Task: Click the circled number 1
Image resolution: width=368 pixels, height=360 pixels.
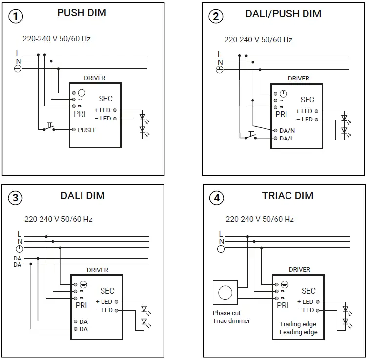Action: pyautogui.click(x=16, y=16)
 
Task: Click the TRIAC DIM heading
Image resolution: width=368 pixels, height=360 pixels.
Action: pyautogui.click(x=287, y=196)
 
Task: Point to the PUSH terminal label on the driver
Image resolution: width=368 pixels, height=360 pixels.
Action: pyautogui.click(x=86, y=130)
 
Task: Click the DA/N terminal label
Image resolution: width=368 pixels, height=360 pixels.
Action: pyautogui.click(x=287, y=130)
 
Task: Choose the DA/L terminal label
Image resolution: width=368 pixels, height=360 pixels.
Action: pyautogui.click(x=287, y=139)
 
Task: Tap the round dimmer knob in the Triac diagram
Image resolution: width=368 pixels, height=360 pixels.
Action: pyautogui.click(x=225, y=293)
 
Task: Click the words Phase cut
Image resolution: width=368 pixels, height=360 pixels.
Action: pyautogui.click(x=226, y=313)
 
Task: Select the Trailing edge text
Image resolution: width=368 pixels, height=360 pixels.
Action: pyautogui.click(x=298, y=324)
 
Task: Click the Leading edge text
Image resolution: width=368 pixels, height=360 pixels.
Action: pyautogui.click(x=298, y=332)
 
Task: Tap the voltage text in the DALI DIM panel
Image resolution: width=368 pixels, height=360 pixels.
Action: pyautogui.click(x=59, y=220)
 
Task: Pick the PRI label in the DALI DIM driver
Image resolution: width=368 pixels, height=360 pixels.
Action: pyautogui.click(x=81, y=306)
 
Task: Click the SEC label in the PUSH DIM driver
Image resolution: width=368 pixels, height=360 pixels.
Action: pyautogui.click(x=105, y=99)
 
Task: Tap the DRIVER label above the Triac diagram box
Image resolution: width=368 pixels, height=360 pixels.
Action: pyautogui.click(x=299, y=269)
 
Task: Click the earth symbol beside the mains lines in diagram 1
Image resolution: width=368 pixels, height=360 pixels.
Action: pyautogui.click(x=18, y=69)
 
